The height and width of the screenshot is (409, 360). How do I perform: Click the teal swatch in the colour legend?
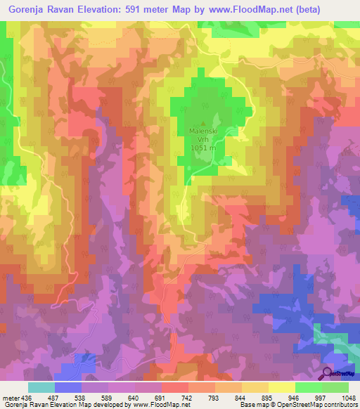click(41, 387)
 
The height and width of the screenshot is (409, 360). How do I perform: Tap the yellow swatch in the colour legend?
click(281, 387)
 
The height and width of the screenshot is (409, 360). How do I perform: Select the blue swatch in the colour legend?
click(67, 387)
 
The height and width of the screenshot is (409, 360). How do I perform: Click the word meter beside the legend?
click(9, 397)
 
